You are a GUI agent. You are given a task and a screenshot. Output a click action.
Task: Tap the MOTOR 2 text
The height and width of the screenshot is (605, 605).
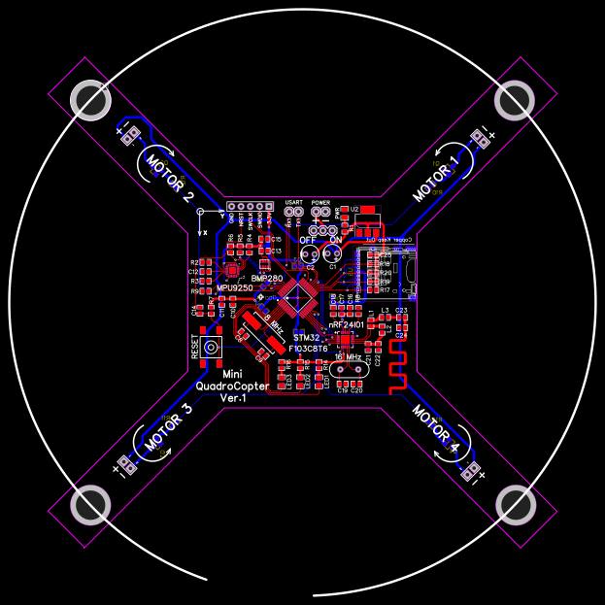click(x=170, y=180)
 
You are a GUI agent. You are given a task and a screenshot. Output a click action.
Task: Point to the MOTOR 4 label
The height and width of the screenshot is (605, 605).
click(x=435, y=428)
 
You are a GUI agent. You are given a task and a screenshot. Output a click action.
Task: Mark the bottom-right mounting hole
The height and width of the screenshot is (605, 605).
click(x=515, y=505)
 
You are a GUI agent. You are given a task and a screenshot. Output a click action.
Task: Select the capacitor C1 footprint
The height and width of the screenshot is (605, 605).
click(x=333, y=254)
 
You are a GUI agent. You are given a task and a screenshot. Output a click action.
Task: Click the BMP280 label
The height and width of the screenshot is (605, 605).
click(x=265, y=278)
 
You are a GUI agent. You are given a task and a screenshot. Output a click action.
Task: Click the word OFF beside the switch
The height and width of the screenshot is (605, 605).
click(x=307, y=239)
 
